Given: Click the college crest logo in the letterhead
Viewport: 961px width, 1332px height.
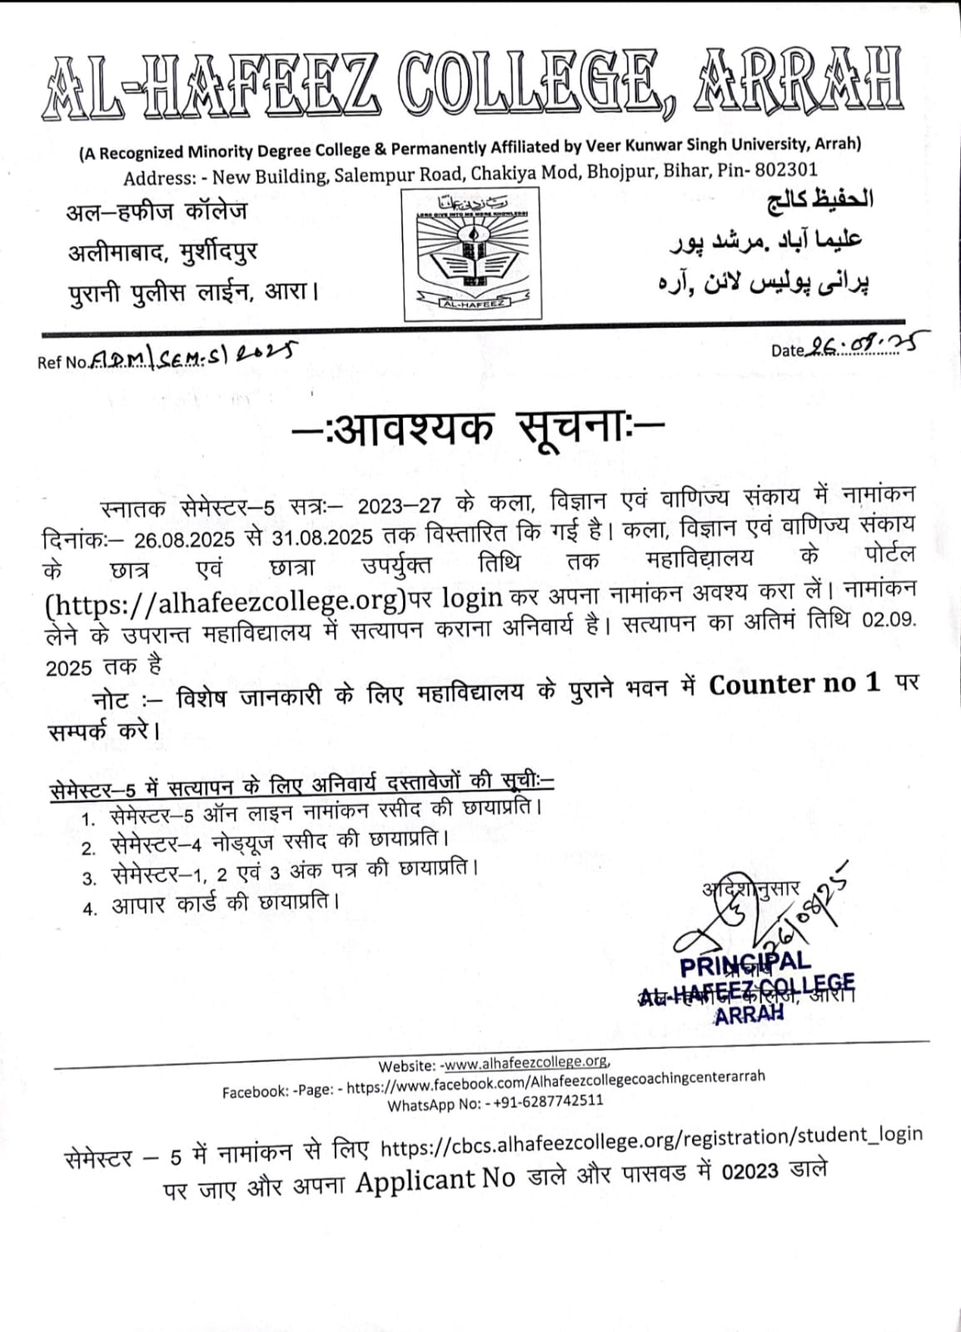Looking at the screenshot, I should coord(472,254).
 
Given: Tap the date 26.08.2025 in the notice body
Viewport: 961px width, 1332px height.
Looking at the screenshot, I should coord(186,539).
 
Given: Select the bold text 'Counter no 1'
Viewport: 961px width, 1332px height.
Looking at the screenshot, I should coord(794,684).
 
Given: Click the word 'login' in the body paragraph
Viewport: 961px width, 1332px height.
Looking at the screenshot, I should coord(471,597).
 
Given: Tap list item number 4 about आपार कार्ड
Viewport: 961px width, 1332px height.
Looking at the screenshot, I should coord(225,903).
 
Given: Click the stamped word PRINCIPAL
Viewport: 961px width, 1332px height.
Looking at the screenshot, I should coord(744,965).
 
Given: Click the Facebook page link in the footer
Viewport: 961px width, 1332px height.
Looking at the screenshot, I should coord(555,1081).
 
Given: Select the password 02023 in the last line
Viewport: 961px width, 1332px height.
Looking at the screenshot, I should coord(750,1171).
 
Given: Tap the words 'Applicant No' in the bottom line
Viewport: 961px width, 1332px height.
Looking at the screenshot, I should coord(436,1180).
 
